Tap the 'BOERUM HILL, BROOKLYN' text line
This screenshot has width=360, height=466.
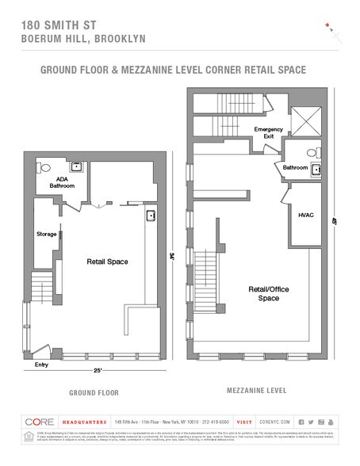[x=73, y=40]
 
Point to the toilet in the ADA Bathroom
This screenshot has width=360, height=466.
[x=44, y=168]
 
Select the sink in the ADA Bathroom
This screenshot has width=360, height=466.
[x=77, y=166]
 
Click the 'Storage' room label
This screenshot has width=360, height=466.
[x=47, y=235]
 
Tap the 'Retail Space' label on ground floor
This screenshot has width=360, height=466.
[x=107, y=262]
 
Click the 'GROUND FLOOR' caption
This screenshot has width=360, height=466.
[x=94, y=392]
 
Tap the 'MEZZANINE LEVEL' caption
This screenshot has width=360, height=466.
[x=255, y=391]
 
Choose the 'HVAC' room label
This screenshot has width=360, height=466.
[x=306, y=214]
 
